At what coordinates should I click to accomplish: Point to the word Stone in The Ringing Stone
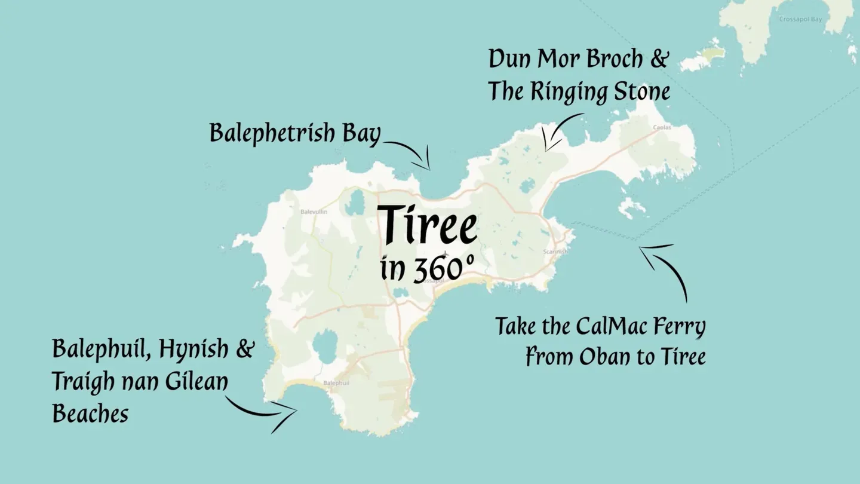(643, 93)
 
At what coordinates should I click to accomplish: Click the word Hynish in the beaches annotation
(193, 350)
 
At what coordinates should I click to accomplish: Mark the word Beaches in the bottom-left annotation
(90, 413)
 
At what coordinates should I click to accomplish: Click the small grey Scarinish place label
(555, 252)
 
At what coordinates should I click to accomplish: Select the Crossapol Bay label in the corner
(800, 19)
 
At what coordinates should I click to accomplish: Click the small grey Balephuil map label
(336, 382)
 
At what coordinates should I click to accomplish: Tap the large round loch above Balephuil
(325, 349)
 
